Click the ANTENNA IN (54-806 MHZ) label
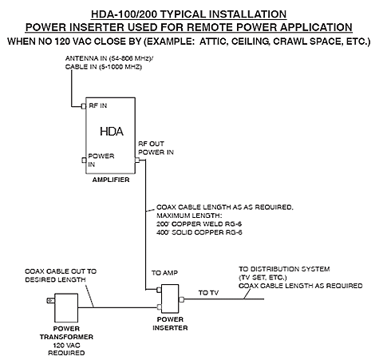click(x=115, y=60)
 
